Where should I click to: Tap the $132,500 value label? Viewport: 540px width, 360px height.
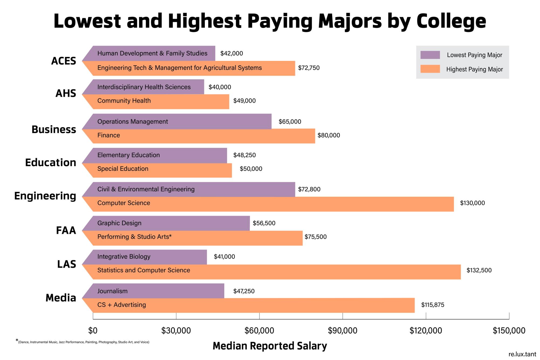point(479,270)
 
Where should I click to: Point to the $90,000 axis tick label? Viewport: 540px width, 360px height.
point(342,330)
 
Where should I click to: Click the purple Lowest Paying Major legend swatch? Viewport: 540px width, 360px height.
point(430,55)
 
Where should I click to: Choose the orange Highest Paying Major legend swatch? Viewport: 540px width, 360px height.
point(430,69)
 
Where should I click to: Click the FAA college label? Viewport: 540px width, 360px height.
point(66,230)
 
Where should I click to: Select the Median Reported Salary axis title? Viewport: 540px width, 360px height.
point(270,346)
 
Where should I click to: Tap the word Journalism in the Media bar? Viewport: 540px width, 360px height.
point(112,291)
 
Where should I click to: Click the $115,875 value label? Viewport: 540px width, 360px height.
point(433,305)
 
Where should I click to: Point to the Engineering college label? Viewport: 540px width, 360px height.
point(45,196)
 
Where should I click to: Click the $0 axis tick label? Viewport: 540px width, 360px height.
point(93,330)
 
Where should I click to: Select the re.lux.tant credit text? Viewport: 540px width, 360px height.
point(522,354)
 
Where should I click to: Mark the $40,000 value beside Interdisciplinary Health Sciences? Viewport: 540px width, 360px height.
point(220,87)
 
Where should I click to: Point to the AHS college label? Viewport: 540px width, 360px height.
point(66,93)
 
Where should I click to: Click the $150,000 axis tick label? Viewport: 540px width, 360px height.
point(509,330)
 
